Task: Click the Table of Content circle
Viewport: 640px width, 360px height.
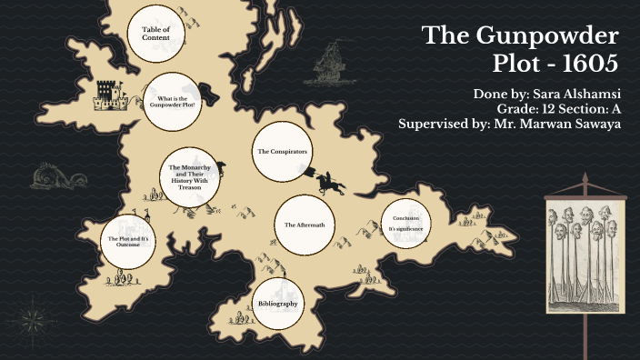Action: coord(155,34)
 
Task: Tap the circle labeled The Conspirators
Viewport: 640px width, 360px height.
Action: coord(282,152)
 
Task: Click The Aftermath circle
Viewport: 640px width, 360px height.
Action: coord(299,225)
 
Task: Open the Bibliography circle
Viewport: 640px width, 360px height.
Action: coord(277,304)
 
